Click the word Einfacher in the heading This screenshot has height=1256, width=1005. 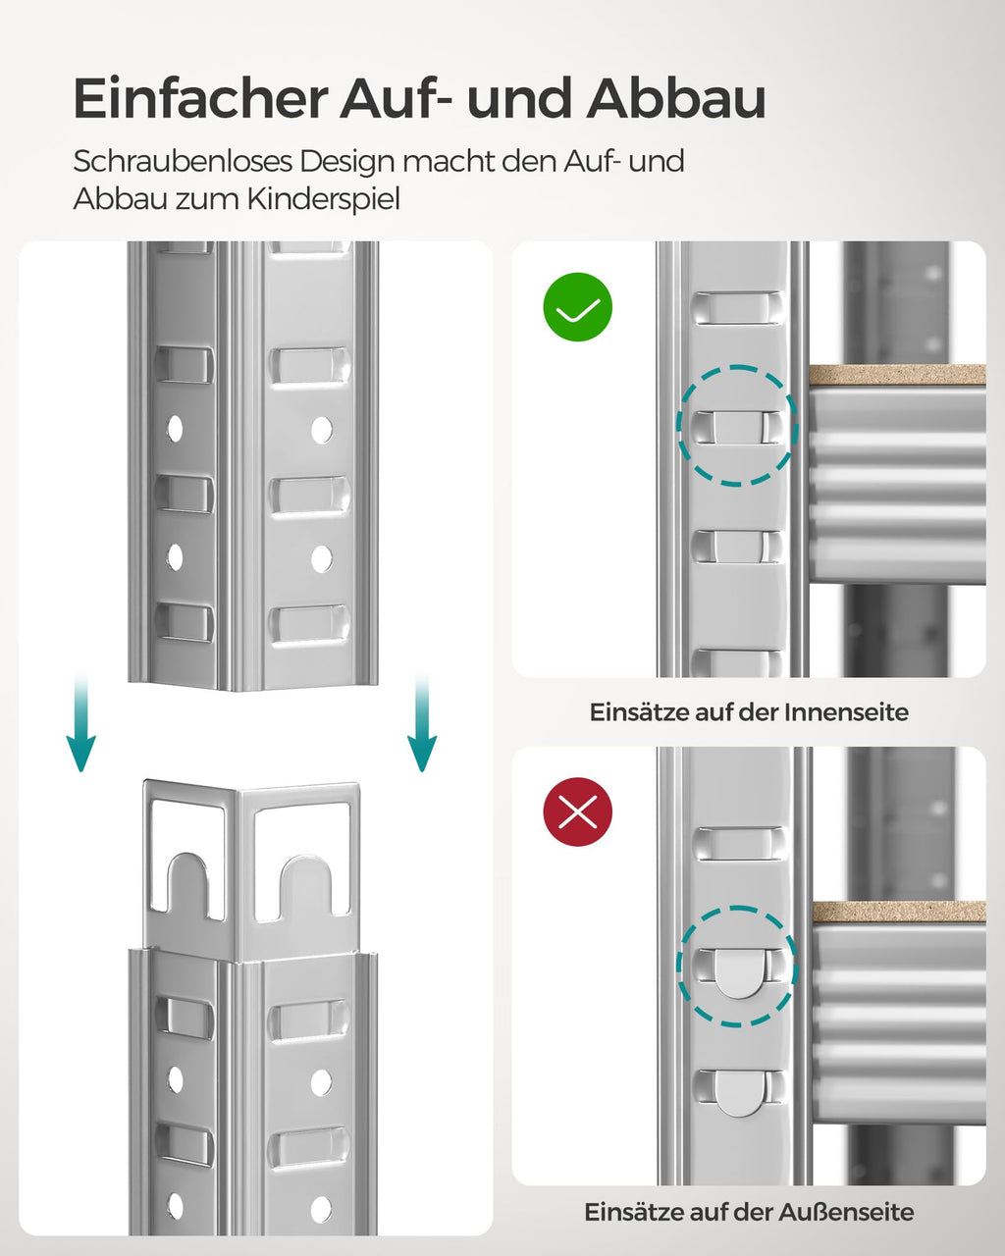[200, 99]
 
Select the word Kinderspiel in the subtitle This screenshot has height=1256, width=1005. [324, 199]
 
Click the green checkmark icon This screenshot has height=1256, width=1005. [578, 307]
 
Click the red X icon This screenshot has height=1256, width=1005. [578, 811]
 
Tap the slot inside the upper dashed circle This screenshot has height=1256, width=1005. [737, 426]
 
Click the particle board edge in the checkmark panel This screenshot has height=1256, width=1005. [897, 375]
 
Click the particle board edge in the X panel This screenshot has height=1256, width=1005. [897, 912]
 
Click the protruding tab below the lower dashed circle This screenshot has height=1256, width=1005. [738, 1092]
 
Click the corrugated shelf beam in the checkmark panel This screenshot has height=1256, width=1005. [897, 486]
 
